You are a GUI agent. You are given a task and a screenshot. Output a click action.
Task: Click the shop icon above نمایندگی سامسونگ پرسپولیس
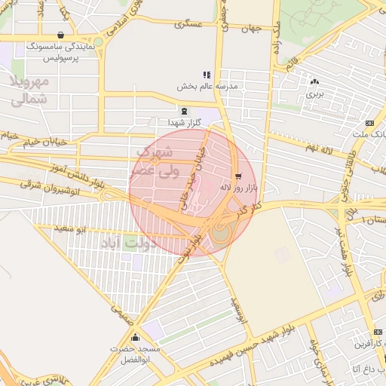(x=60, y=35)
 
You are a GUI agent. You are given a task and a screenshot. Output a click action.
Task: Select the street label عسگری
(x=188, y=24)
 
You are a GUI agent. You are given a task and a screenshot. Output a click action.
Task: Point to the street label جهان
(x=250, y=29)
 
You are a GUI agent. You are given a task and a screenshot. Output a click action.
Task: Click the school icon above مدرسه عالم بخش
(x=207, y=75)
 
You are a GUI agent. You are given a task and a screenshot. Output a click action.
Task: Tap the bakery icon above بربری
(x=314, y=81)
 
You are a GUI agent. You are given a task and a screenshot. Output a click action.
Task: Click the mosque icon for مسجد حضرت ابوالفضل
(x=136, y=338)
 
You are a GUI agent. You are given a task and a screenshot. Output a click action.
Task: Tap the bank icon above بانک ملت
(x=369, y=123)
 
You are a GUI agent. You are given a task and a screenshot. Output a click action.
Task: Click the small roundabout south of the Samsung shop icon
(x=98, y=42)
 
